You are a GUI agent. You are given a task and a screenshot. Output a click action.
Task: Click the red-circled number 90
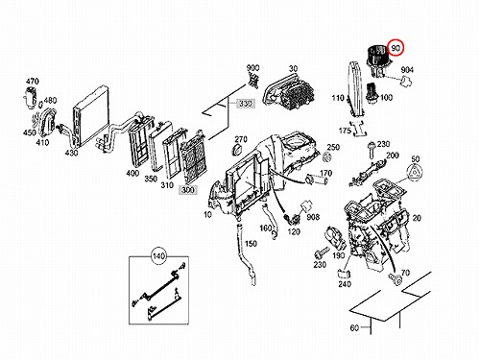396,48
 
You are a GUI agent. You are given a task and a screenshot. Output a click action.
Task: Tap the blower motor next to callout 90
377,61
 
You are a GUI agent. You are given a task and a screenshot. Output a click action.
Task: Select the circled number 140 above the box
158,256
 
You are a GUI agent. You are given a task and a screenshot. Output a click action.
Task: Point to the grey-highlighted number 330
246,104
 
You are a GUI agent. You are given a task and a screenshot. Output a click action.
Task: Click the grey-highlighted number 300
188,189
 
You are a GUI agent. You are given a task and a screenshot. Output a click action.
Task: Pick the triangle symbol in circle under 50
415,174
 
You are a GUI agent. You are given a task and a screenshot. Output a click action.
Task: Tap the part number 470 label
33,82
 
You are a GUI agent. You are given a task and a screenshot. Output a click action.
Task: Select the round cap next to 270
238,150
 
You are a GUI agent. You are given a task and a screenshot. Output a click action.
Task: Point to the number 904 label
407,70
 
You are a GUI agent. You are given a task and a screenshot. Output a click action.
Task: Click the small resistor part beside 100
372,94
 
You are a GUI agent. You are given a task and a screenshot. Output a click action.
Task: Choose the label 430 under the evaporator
71,153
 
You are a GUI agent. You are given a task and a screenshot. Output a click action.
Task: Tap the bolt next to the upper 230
372,150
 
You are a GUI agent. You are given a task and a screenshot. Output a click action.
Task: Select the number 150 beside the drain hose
251,244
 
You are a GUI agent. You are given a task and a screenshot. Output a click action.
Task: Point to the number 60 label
354,327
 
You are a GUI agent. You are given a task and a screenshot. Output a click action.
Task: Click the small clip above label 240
344,274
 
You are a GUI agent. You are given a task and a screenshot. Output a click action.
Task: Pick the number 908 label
313,217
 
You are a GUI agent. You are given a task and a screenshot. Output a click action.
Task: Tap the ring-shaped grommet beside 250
326,156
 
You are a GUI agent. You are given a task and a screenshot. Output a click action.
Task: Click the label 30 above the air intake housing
293,68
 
